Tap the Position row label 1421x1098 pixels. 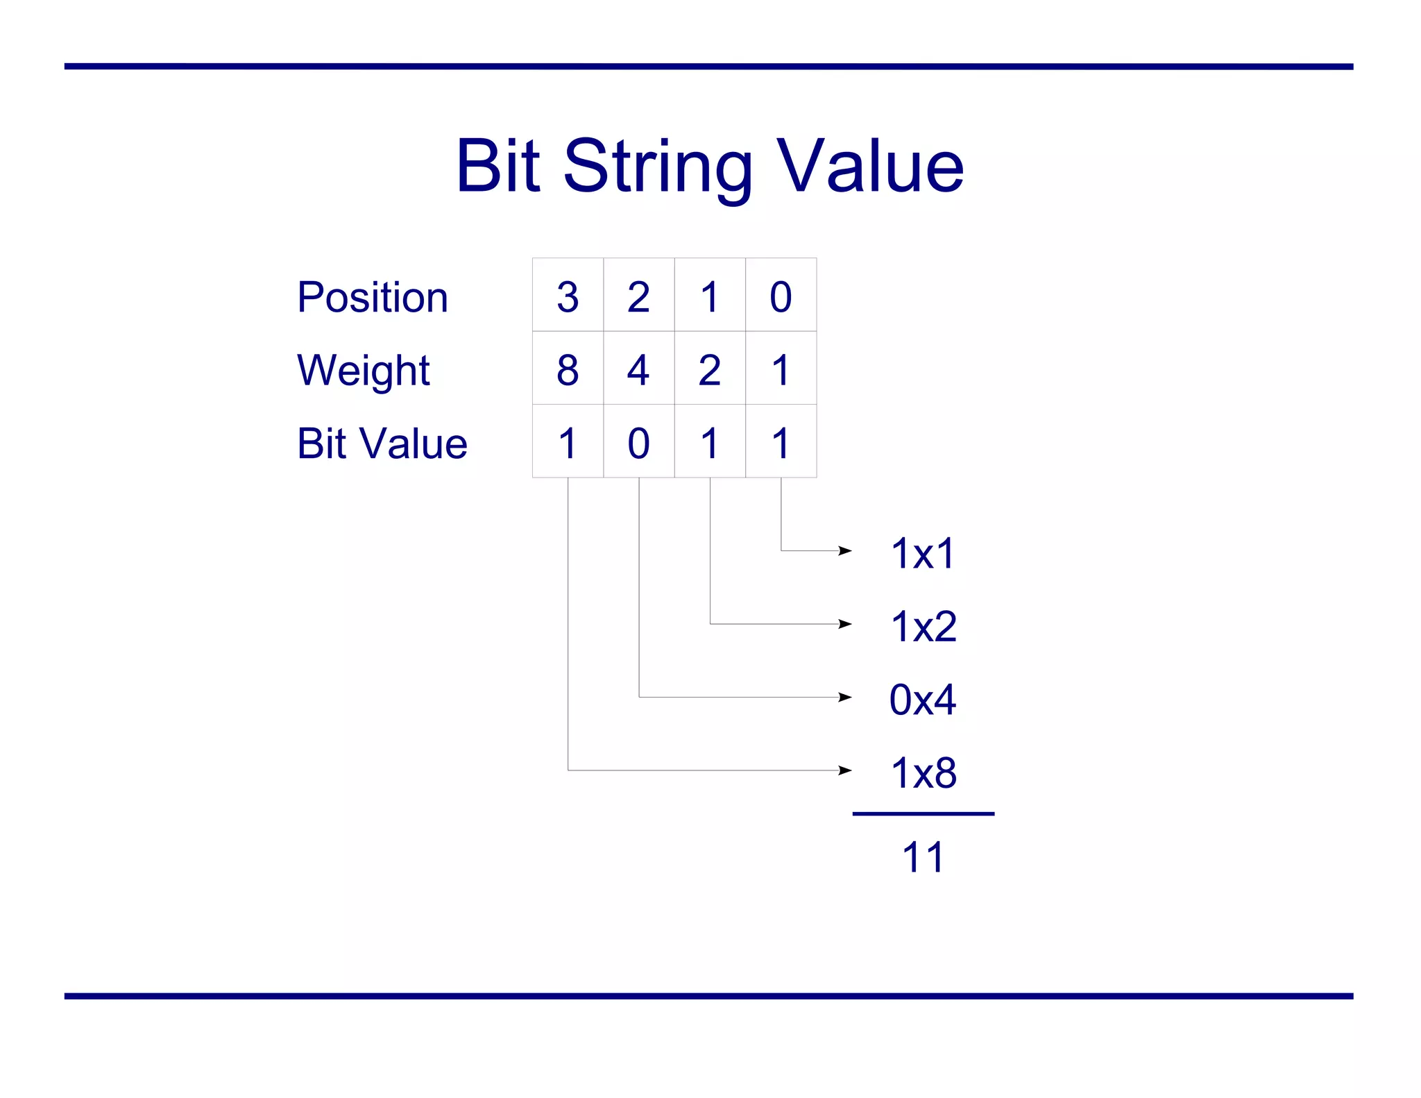click(373, 297)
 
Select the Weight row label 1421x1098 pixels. click(363, 371)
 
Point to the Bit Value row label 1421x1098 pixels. click(382, 444)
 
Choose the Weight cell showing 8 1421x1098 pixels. click(568, 369)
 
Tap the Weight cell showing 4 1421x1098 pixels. click(638, 369)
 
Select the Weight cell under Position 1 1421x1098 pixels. click(710, 369)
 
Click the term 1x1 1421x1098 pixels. click(923, 554)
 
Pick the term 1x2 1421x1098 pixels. click(923, 627)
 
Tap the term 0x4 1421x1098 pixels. click(923, 700)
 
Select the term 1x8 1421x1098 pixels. click(923, 772)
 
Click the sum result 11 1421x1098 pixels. click(923, 857)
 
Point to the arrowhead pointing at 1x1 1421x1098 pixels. click(845, 550)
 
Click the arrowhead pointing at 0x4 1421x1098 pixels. click(845, 697)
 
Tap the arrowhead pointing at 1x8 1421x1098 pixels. click(845, 770)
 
